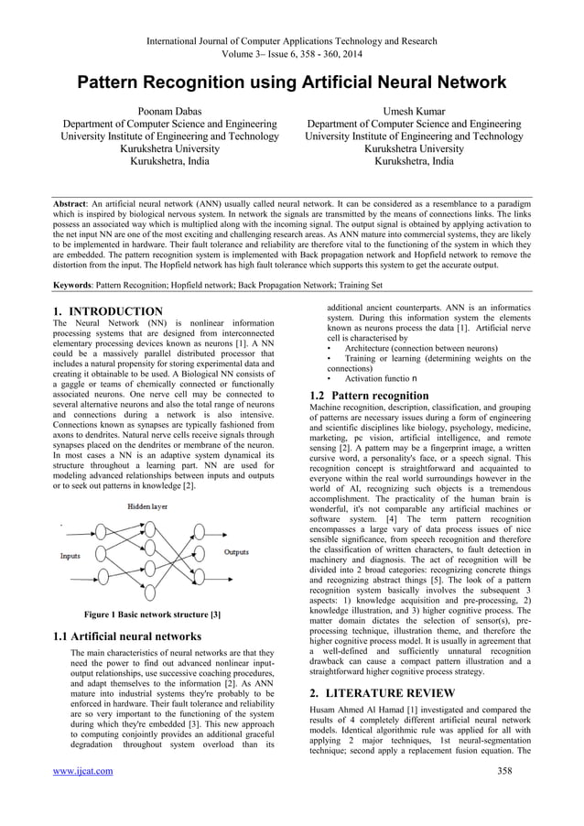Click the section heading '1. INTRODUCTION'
point(108,311)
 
